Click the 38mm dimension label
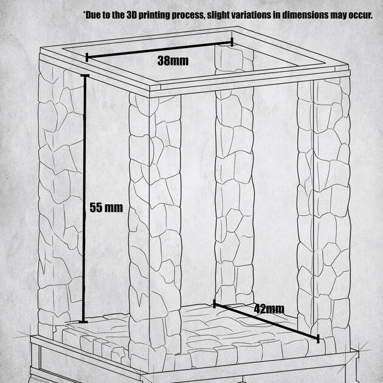[173, 61]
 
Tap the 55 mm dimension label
[106, 208]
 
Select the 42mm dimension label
[269, 309]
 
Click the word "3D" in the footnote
[132, 15]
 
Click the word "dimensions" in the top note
[305, 15]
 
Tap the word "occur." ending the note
[360, 16]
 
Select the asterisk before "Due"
[85, 13]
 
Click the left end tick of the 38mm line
[87, 57]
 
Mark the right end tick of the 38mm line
[232, 42]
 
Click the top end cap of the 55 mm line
[85, 75]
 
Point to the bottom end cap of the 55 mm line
[83, 322]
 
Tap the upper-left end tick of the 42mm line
[215, 303]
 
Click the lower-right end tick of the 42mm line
[318, 339]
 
